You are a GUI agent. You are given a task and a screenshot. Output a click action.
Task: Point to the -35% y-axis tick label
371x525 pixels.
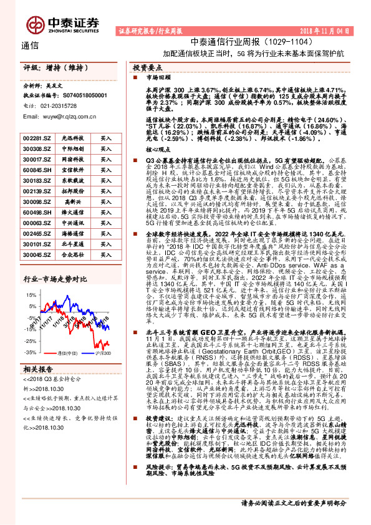(29, 353)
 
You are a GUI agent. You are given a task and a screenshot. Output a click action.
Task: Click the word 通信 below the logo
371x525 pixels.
(30, 45)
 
